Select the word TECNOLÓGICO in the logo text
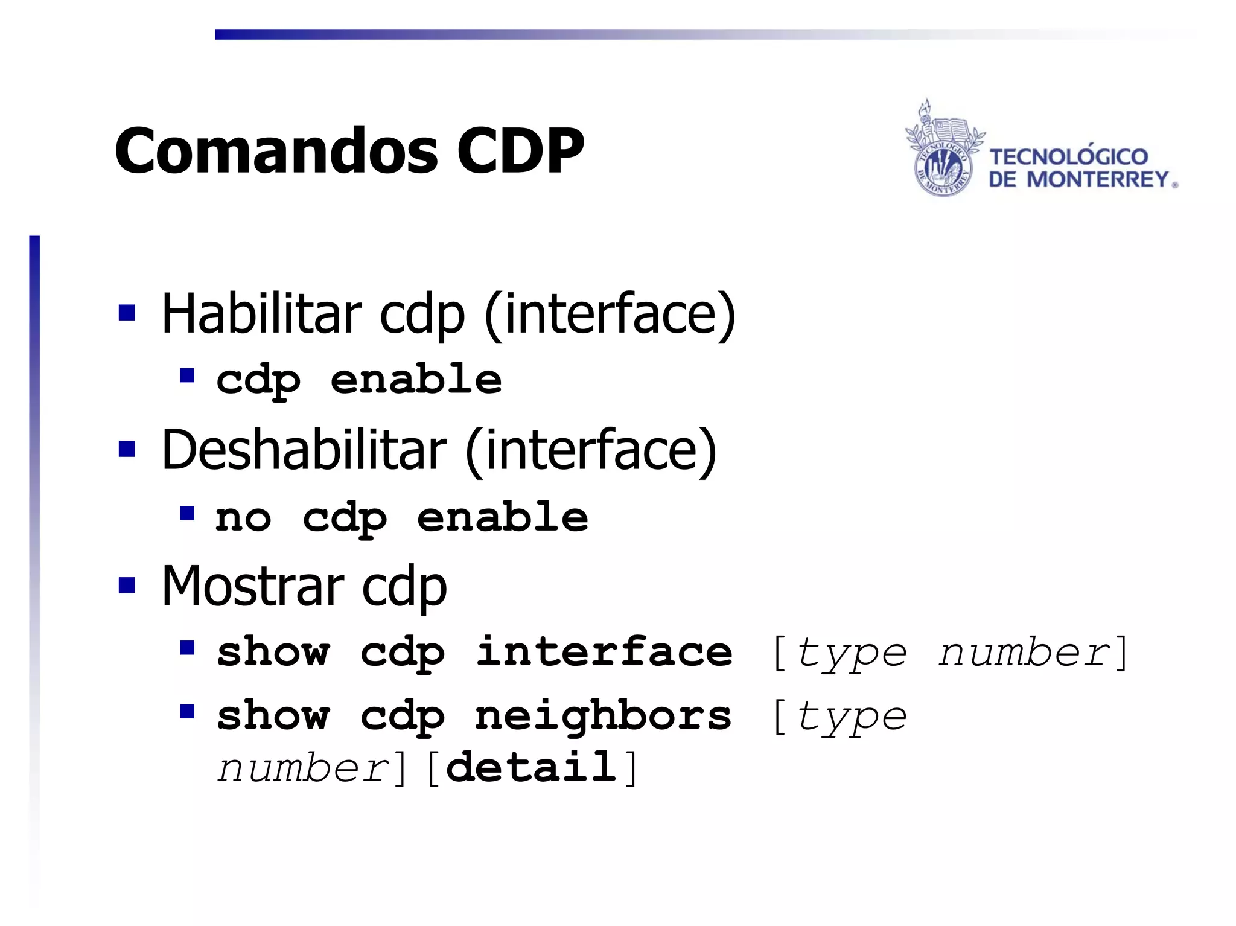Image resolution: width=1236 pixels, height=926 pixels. click(1068, 157)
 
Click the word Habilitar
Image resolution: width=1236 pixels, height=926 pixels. click(261, 313)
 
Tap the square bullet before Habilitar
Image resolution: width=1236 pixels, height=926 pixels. click(127, 313)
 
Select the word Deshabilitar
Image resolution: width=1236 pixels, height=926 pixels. click(304, 450)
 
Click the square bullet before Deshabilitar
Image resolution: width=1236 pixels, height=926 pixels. click(127, 450)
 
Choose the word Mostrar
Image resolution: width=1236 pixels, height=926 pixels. click(252, 586)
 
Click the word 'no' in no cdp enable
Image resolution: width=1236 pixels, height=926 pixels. click(243, 518)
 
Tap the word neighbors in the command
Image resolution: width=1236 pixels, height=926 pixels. click(603, 717)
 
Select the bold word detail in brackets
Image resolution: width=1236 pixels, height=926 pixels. click(532, 768)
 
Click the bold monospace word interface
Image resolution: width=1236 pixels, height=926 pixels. click(604, 653)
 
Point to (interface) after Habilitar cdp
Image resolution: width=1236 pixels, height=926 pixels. click(610, 313)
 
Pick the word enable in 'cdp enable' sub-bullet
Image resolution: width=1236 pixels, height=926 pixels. click(416, 380)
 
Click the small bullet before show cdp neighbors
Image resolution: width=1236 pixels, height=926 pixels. click(187, 712)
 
